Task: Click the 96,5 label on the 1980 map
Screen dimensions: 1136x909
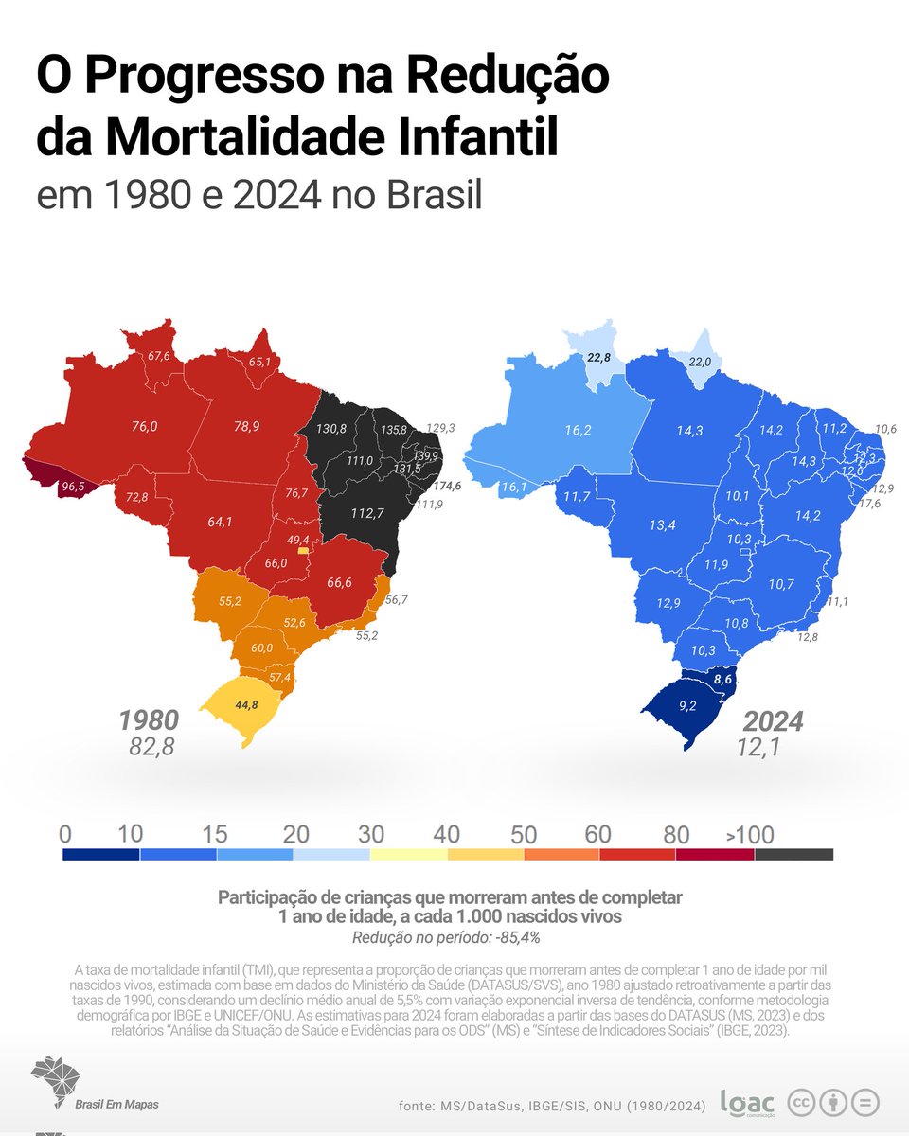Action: (73, 487)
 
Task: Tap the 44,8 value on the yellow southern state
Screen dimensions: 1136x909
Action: (247, 703)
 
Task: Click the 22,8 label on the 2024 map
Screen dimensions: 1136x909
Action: (599, 357)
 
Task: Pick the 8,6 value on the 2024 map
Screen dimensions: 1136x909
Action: (724, 679)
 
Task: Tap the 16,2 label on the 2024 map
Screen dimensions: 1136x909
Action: (578, 430)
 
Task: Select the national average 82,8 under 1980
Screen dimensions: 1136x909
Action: (151, 748)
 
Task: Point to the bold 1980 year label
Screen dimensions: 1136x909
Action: (149, 720)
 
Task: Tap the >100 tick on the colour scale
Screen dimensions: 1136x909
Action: (750, 835)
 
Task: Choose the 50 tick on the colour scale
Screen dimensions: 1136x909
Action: (524, 835)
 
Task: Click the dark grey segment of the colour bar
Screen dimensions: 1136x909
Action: (793, 854)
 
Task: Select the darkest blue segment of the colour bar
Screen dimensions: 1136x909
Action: (100, 854)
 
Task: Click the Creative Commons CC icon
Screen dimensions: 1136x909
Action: (802, 1103)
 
